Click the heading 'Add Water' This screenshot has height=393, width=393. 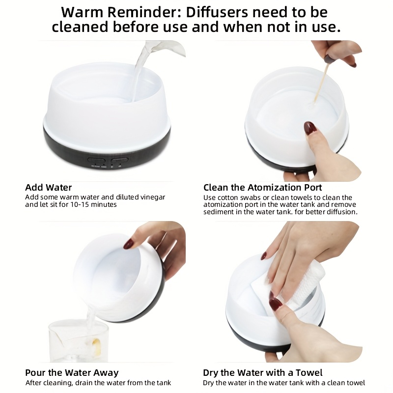tap(48, 188)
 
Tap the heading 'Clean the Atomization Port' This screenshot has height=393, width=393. tap(263, 188)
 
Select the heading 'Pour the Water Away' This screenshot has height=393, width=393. tap(72, 373)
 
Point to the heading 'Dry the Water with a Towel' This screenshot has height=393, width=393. tap(263, 373)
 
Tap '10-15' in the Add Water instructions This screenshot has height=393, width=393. tap(80, 204)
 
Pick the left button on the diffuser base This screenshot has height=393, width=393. tap(96, 160)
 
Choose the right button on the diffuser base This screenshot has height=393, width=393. tap(119, 160)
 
